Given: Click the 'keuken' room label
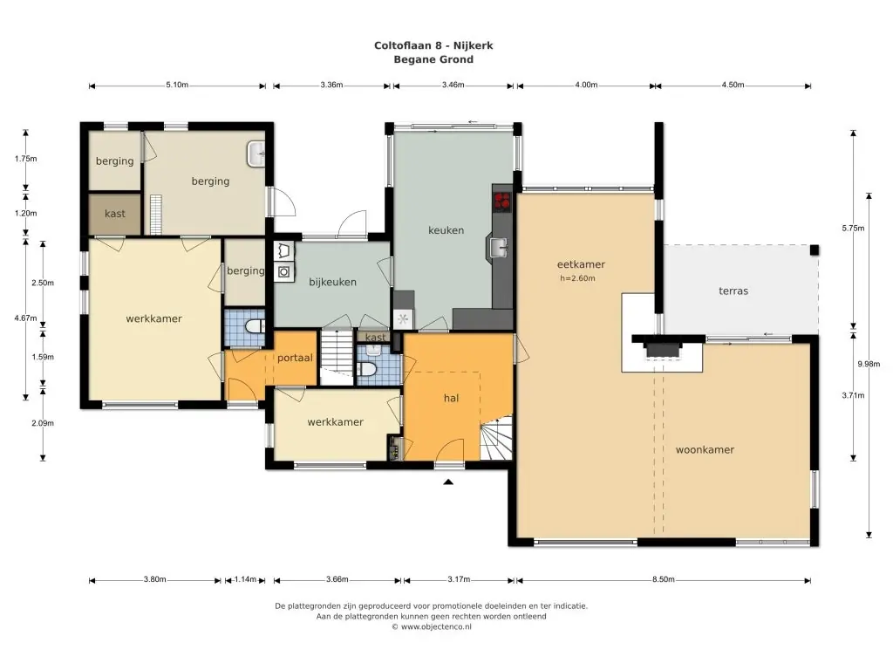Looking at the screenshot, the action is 446,230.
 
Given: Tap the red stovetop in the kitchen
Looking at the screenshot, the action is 501,201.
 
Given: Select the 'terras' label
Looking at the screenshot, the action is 733,291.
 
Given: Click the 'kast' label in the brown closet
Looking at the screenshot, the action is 114,214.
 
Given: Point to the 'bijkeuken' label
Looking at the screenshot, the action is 332,282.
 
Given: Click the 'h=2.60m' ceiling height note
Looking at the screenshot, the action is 577,278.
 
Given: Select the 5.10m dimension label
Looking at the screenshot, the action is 177,85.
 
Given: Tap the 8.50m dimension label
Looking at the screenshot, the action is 664,579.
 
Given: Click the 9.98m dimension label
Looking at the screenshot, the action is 869,364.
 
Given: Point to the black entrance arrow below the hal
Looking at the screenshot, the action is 448,482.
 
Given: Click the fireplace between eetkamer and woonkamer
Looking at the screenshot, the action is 663,350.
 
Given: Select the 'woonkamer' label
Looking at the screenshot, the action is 705,449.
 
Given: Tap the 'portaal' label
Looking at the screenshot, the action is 295,358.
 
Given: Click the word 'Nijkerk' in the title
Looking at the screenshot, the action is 474,45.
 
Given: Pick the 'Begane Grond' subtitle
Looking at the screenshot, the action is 433,59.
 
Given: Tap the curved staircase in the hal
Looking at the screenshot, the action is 496,438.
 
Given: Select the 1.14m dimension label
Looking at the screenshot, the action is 245,579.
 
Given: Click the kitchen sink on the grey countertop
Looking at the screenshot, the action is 498,247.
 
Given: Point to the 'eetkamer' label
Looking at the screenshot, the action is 581,264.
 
